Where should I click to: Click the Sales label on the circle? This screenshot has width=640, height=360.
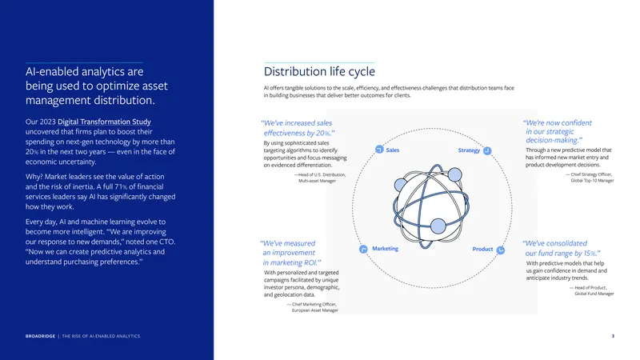[393, 150]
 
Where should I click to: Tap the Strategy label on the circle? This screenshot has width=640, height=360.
[469, 150]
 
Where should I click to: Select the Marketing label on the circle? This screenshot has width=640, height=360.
[385, 249]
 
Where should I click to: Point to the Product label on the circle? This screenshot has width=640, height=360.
[482, 249]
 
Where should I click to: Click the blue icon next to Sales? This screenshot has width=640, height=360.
[379, 150]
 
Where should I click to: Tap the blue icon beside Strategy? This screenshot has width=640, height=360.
[487, 150]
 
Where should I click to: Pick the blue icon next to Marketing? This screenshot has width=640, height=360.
[363, 249]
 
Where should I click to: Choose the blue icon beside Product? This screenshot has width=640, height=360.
[501, 250]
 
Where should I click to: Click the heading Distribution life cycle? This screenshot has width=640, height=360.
[319, 71]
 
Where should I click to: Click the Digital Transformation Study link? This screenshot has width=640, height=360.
[104, 122]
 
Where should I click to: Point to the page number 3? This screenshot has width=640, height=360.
[613, 336]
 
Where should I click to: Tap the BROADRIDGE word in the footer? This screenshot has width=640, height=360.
[40, 336]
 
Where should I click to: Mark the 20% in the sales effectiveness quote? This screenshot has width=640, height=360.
[323, 133]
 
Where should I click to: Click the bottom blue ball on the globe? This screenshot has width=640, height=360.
[438, 226]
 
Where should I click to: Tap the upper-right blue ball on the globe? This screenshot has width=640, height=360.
[454, 174]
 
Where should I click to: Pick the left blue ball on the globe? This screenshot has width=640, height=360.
[401, 185]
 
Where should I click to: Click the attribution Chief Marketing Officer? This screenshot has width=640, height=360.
[314, 304]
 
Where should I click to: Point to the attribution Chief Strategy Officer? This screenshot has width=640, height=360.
[589, 174]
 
